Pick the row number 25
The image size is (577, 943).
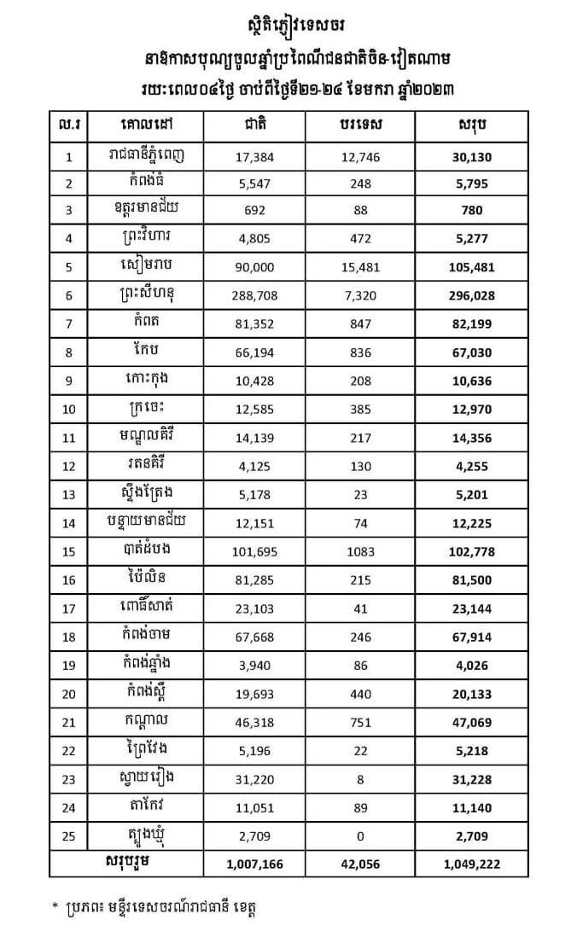click(x=70, y=835)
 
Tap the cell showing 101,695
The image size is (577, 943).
click(x=254, y=551)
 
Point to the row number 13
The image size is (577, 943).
click(x=70, y=494)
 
